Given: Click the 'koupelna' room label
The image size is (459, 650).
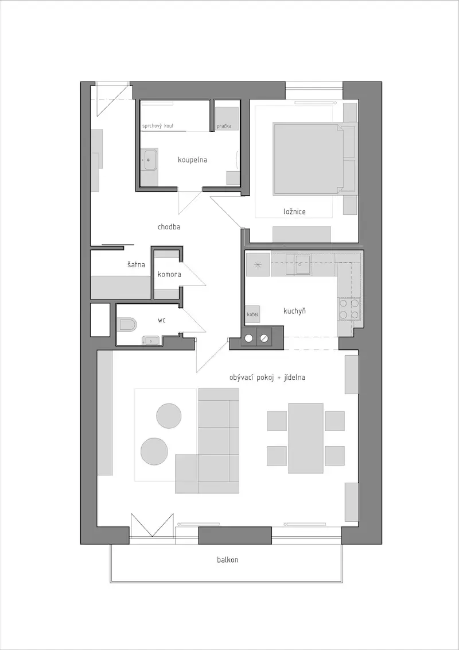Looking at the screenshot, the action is pos(192,160).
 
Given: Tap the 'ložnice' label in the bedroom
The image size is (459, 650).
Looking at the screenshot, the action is pos(295,211).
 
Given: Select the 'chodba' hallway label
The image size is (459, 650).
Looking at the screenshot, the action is pos(169,227).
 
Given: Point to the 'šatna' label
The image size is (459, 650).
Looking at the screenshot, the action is pos(136,264).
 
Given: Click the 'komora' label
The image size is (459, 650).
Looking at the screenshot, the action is pos(169,275).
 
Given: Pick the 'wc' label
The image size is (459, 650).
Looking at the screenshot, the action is pos(162,320).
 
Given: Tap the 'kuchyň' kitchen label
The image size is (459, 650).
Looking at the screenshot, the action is pos(295,311).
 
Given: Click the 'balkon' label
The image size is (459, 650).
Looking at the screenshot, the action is pos(228,560).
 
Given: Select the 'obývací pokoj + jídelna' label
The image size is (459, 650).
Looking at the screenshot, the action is pos(267,378).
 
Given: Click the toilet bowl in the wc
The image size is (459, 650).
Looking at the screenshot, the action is pos(127,325).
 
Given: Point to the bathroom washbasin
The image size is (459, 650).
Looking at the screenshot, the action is pos(149,160).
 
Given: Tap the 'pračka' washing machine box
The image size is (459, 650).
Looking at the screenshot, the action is pos(227,119).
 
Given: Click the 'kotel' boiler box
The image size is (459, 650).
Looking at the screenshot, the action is pos(252,314).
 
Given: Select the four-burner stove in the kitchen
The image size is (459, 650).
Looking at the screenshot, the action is pos(349,309).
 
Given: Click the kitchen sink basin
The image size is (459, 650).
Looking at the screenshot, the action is pos(302,264).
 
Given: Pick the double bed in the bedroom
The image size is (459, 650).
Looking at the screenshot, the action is pos(308,159).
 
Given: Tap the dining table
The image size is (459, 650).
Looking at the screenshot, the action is pos(306,438).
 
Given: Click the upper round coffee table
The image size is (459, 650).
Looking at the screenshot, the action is pos(169,416).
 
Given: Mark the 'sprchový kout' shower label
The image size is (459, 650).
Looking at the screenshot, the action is pos(158,126).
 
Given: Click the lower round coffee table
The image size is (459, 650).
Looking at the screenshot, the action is pos(154,451).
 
